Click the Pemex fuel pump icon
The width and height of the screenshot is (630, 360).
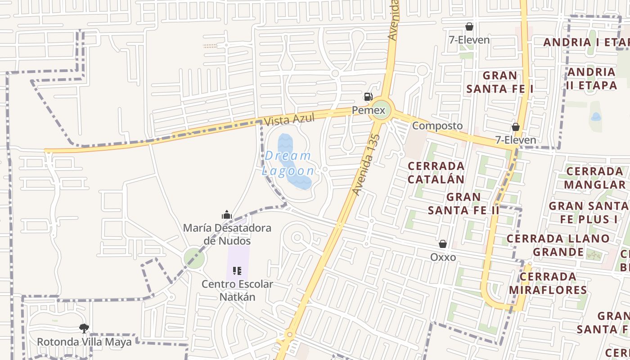(368, 96)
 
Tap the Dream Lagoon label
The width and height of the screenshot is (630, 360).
(288, 163)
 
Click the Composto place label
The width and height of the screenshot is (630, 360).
(437, 126)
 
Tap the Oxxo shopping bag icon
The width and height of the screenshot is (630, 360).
(443, 244)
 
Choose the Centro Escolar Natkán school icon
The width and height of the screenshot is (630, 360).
(237, 271)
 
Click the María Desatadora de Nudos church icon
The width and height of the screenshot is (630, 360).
(227, 215)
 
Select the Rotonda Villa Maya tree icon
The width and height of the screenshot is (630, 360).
(84, 328)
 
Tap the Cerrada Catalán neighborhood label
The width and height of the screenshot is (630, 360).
(436, 172)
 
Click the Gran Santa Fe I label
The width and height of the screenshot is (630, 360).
(499, 82)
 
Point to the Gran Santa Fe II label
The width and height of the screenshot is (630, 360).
(463, 203)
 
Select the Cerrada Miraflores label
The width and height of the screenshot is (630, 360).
(548, 283)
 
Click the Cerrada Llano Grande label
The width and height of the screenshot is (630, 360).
(558, 245)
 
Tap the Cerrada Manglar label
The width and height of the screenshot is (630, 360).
(594, 178)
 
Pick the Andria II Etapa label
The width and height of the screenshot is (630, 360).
(592, 78)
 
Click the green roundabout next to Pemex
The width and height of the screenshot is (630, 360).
(380, 110)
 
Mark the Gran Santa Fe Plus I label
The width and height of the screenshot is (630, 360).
(589, 212)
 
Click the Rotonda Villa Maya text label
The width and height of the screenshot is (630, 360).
(84, 342)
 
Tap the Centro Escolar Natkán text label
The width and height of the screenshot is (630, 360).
(237, 291)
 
